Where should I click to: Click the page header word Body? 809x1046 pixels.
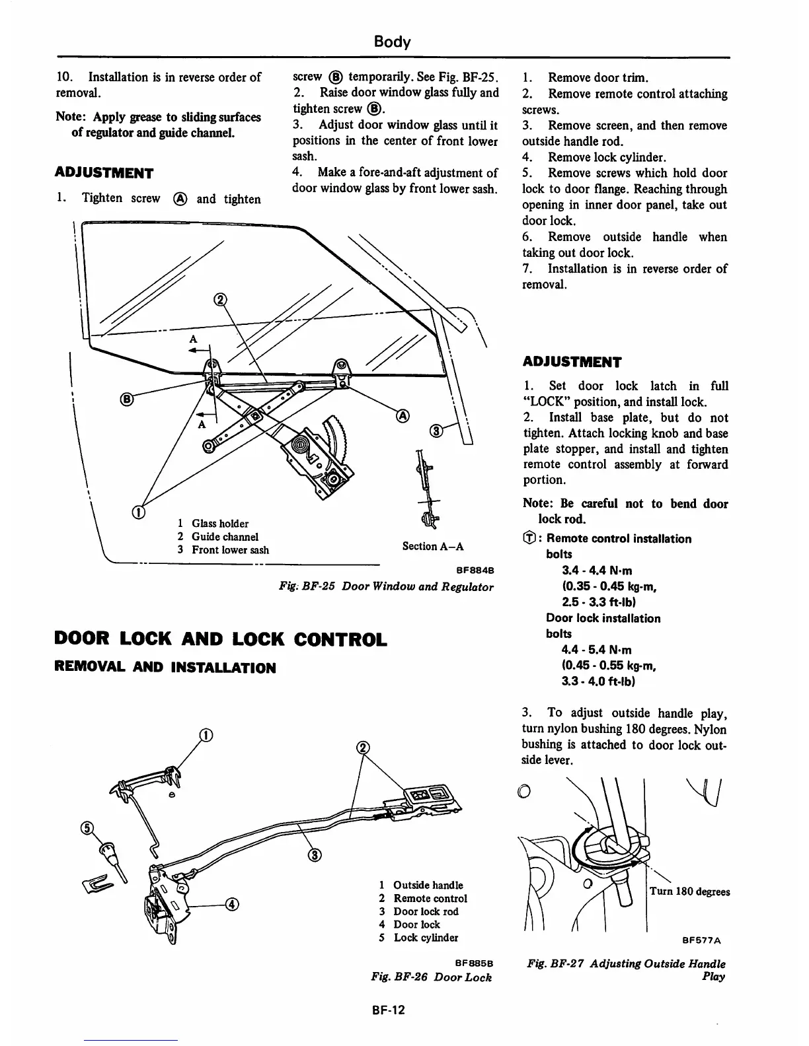(392, 42)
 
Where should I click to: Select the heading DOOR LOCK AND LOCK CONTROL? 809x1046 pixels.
(220, 640)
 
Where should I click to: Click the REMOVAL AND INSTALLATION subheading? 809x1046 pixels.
(165, 668)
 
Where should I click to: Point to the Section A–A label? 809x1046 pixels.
(433, 546)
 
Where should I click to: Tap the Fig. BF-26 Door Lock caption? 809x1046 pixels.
(432, 977)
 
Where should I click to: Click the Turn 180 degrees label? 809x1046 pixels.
(689, 891)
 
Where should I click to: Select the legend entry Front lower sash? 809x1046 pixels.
(230, 550)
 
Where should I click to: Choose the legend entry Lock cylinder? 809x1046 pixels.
(425, 938)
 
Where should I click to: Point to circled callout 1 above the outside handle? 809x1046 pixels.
(206, 736)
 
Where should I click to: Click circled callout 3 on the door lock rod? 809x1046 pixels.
(315, 856)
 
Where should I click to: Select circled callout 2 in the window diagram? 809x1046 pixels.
(220, 300)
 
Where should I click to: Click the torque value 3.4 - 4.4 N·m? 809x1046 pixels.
(597, 570)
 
